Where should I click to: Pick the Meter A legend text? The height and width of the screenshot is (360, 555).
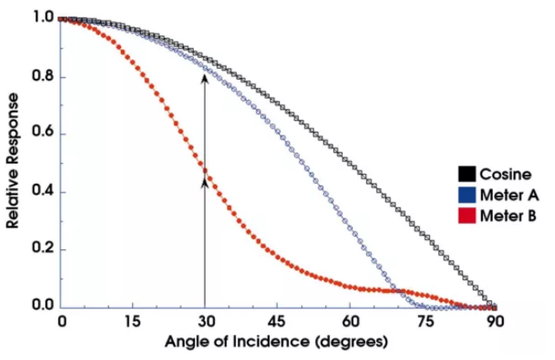coord(508,196)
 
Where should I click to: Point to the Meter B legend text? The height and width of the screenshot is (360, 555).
coord(508,217)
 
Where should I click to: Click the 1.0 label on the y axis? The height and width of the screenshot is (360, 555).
coord(44,18)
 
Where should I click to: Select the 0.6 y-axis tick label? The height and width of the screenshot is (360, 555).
coord(44,134)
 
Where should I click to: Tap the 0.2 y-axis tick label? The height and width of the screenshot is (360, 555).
coord(44,249)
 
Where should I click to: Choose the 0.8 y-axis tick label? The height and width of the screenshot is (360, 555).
coord(44,77)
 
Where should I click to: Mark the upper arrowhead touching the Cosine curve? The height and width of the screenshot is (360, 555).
coord(205,77)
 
